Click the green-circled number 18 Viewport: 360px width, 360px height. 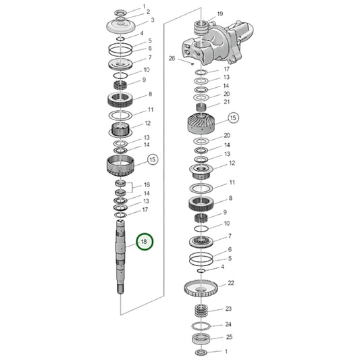[x=144, y=242]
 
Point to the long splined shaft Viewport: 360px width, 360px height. [x=120, y=257]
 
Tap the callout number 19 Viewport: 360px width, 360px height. [x=220, y=14]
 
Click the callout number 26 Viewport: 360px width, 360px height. [x=172, y=58]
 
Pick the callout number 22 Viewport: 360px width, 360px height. [x=231, y=283]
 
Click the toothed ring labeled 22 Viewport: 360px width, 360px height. [x=201, y=288]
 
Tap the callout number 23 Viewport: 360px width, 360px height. [x=228, y=309]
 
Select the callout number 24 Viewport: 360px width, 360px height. [x=228, y=324]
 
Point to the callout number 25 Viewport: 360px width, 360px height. [x=229, y=337]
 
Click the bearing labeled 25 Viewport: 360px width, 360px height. [x=201, y=338]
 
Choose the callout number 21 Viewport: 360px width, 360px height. [x=227, y=102]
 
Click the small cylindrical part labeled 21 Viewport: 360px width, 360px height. [x=201, y=107]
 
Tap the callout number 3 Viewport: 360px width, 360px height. [x=153, y=20]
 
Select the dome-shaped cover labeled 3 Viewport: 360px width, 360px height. [x=121, y=26]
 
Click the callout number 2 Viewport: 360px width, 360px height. [x=148, y=11]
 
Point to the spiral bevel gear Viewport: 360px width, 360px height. [x=201, y=124]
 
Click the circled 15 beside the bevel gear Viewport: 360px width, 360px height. [x=233, y=118]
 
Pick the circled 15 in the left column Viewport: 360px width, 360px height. [x=153, y=159]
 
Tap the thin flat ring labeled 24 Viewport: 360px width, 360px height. [x=201, y=326]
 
